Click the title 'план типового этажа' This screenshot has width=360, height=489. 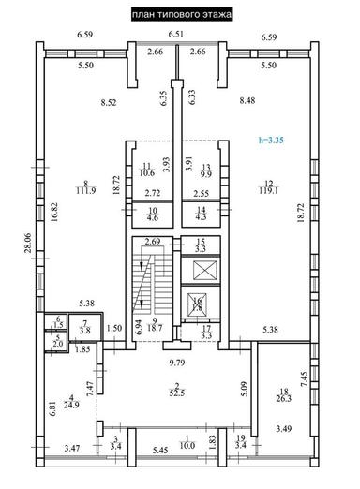pos(180,14)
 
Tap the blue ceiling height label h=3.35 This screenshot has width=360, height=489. pos(272,140)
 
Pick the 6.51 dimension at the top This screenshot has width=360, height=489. pos(176,35)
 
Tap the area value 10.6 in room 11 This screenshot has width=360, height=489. pos(148,171)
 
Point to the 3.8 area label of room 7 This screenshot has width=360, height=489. pos(84,331)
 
